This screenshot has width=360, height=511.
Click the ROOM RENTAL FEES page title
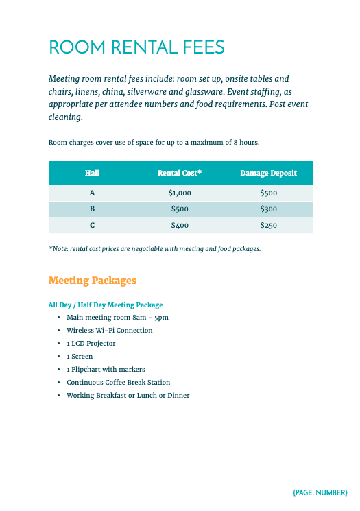(136, 47)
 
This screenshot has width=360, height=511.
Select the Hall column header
(92, 173)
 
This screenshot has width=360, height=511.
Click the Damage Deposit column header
(268, 173)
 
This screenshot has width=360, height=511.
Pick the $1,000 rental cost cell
(180, 193)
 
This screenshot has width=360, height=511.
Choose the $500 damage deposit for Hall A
(268, 193)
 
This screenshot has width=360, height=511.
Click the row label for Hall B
(92, 209)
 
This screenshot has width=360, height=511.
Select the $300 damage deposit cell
(268, 209)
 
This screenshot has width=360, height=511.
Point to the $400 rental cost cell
(180, 225)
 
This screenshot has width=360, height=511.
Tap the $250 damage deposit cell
(268, 225)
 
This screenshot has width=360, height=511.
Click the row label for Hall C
(92, 225)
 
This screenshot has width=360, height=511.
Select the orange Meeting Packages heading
(93, 281)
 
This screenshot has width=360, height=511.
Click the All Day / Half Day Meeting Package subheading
(106, 305)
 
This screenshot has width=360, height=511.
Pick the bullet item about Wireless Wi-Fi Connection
(109, 330)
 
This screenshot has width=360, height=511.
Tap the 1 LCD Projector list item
(91, 343)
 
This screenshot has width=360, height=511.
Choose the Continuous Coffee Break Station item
(118, 382)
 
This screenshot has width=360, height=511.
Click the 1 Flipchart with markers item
(106, 369)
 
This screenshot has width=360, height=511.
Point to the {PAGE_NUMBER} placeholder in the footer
(320, 492)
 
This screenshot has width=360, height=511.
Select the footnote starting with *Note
(154, 248)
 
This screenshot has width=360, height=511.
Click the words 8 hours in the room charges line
(246, 143)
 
